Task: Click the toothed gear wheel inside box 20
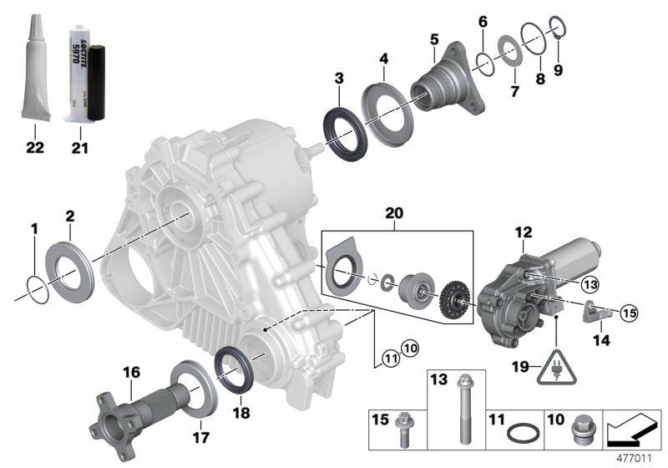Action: tap(454, 298)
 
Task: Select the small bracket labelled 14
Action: tap(595, 315)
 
